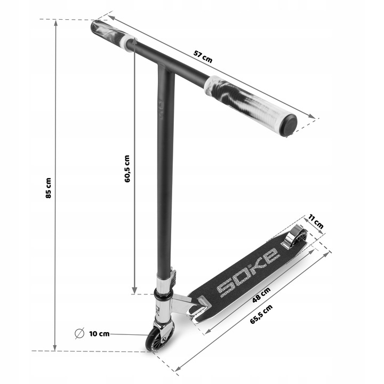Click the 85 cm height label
[x=49, y=188]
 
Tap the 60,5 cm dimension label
[x=127, y=169]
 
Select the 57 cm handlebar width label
[x=203, y=57]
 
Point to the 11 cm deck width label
[x=316, y=221]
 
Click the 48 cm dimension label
[x=261, y=295]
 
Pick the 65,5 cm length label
[x=261, y=315]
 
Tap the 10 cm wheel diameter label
[x=99, y=334]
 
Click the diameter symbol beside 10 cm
[x=79, y=333]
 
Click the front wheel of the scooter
[x=154, y=340]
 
